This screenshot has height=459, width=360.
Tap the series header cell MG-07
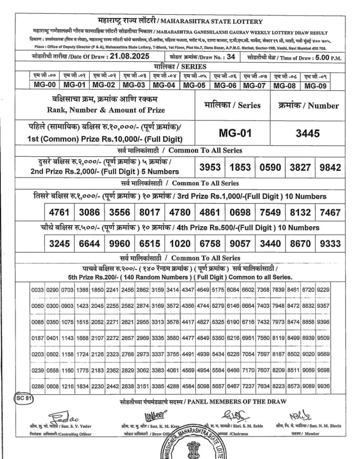click(x=254, y=85)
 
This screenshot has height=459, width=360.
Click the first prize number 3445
click(x=307, y=133)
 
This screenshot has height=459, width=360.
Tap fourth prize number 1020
click(x=180, y=243)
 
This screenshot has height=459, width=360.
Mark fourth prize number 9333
click(x=330, y=243)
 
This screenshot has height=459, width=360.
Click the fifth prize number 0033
click(x=38, y=291)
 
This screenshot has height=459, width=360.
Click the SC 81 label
click(x=24, y=399)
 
